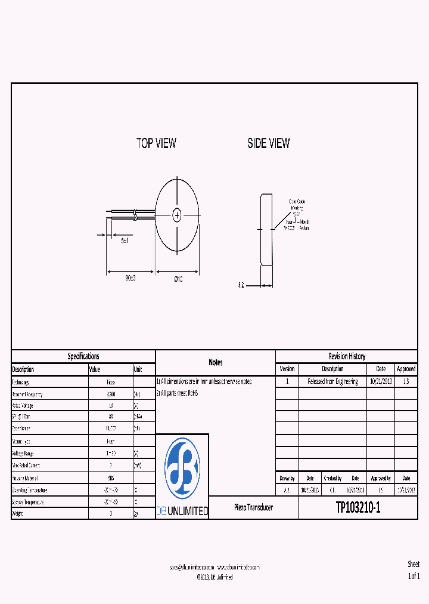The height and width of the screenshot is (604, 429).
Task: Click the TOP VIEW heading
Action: pyautogui.click(x=156, y=143)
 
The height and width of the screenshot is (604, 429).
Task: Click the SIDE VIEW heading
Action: pyautogui.click(x=269, y=143)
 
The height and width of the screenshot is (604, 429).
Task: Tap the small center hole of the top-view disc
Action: pyautogui.click(x=177, y=215)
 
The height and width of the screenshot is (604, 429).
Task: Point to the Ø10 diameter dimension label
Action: pyautogui.click(x=178, y=279)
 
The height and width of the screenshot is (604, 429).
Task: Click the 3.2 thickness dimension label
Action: pyautogui.click(x=241, y=286)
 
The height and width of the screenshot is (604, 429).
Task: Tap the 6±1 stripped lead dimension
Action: pyautogui.click(x=125, y=240)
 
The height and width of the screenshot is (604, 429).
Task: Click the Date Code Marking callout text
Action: pyautogui.click(x=297, y=205)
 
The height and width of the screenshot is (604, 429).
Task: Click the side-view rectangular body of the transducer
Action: pyautogui.click(x=266, y=229)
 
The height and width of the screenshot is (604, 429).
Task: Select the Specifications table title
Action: pyautogui.click(x=83, y=356)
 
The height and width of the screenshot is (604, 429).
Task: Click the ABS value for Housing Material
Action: pyautogui.click(x=111, y=478)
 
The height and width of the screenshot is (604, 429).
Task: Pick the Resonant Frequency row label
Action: pyautogui.click(x=27, y=395)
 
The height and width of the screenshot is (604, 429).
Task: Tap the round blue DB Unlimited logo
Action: pyautogui.click(x=182, y=468)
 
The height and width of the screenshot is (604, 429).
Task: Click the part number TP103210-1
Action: pyautogui.click(x=357, y=508)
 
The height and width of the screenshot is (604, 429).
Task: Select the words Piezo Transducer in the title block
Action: pyautogui.click(x=253, y=507)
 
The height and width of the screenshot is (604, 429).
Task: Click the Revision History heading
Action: pyautogui.click(x=346, y=356)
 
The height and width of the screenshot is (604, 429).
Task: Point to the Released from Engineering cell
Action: pyautogui.click(x=332, y=381)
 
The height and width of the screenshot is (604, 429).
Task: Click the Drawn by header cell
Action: pyautogui.click(x=287, y=478)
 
